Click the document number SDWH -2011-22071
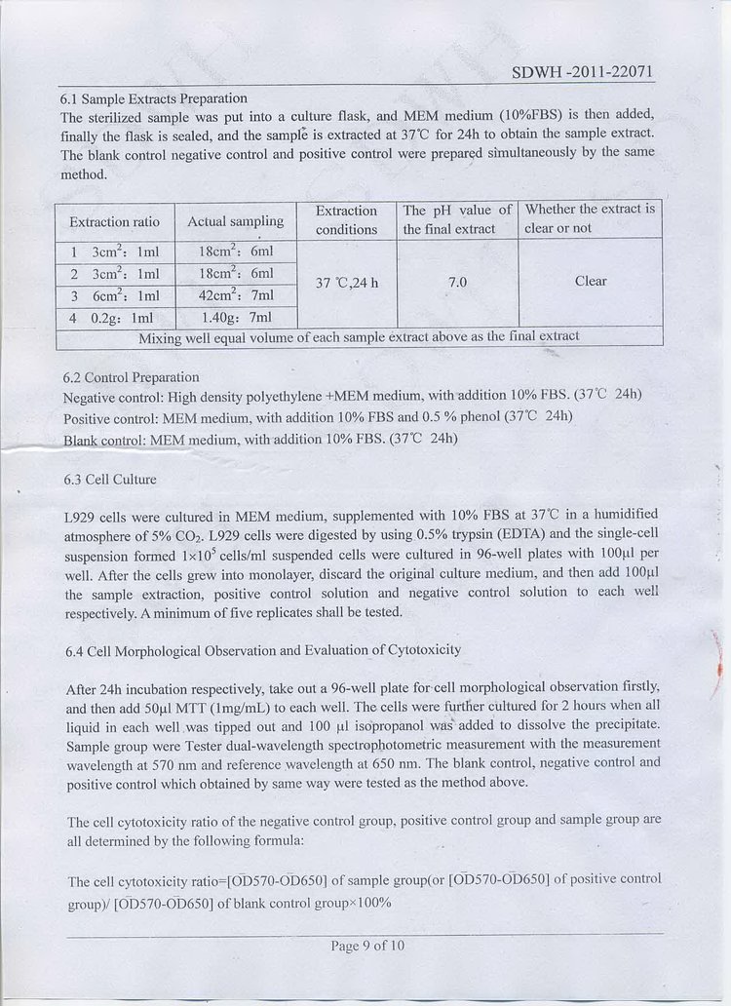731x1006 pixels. coord(582,73)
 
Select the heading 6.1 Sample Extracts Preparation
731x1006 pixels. coord(154,98)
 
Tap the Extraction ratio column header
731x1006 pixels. coord(114,222)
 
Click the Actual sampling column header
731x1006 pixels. coord(235,221)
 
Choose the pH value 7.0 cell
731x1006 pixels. coord(457,283)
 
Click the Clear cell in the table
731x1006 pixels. coord(590,281)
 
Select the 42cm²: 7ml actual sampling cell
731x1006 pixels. coord(237,295)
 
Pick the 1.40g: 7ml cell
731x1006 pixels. coord(237,318)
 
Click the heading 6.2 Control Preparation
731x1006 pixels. coord(131,377)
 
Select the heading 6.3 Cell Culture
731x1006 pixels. coord(108,480)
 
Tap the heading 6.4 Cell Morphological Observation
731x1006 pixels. coord(261,650)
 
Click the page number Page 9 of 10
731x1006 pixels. coord(367,946)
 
